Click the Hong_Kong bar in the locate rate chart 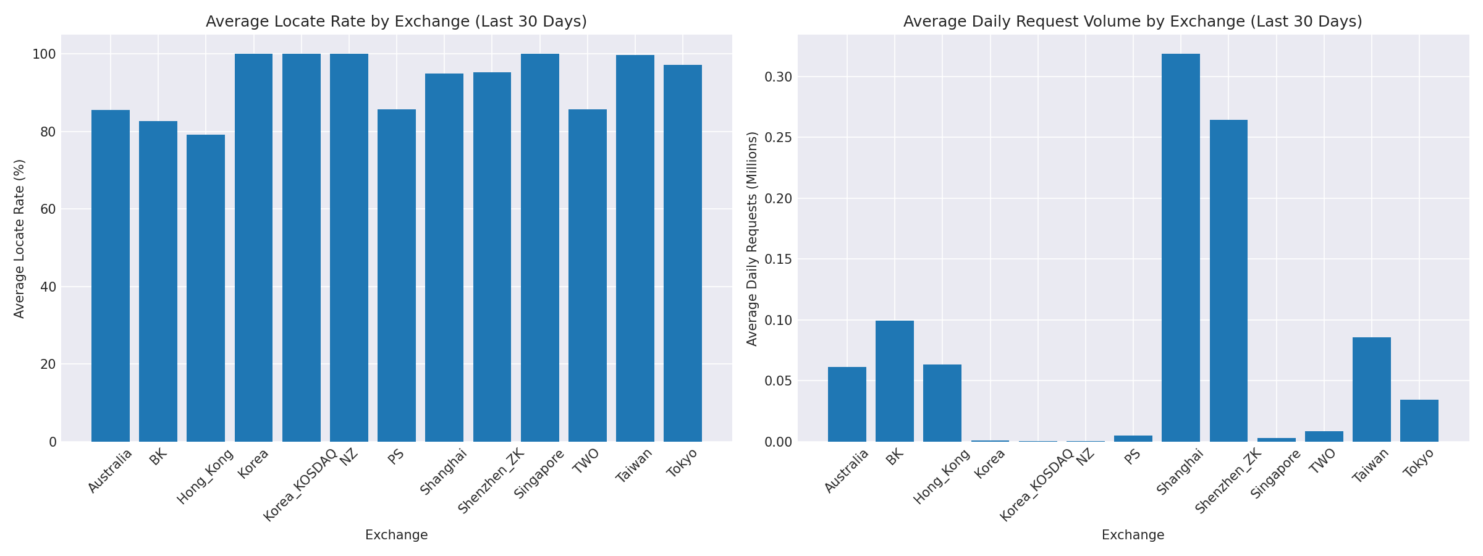coord(206,288)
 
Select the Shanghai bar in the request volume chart coord(1181,247)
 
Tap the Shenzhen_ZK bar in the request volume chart coord(1228,280)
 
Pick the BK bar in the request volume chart coord(895,381)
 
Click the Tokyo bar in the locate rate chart coord(683,253)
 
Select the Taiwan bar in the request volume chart coord(1372,389)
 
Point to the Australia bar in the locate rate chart coord(111,276)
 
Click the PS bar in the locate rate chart coord(397,276)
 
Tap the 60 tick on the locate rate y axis coord(49,209)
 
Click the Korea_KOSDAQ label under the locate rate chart coord(300,486)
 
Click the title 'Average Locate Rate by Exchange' coord(396,22)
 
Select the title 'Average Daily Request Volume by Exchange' coord(1133,22)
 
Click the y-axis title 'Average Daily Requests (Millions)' coord(752,238)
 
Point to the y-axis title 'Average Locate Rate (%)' coord(19,238)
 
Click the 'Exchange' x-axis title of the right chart coord(1133,535)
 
